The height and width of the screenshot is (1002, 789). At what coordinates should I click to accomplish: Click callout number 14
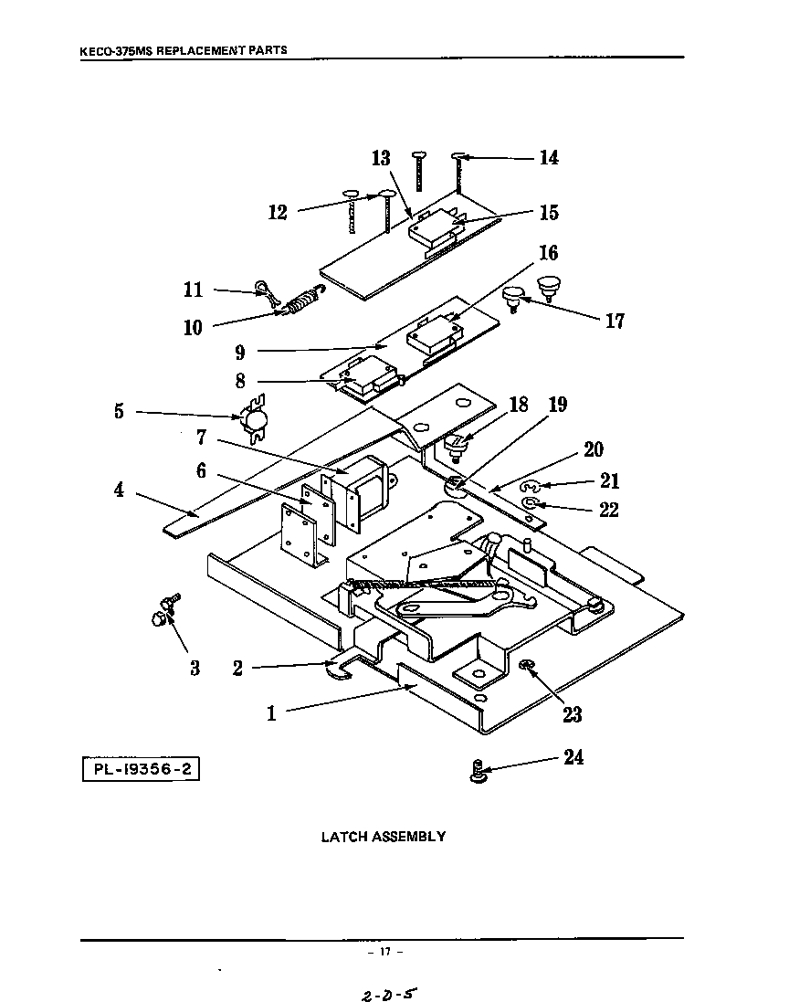click(x=548, y=158)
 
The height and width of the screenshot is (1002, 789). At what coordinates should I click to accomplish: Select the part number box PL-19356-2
click(x=141, y=768)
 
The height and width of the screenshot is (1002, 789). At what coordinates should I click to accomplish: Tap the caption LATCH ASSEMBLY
click(x=383, y=836)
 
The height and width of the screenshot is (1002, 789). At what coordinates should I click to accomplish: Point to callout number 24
click(x=573, y=757)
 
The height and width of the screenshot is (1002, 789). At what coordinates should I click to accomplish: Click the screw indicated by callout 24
click(x=477, y=773)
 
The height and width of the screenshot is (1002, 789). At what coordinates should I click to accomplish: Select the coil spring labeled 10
click(x=301, y=301)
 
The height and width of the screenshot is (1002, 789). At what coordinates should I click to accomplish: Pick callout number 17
click(x=615, y=321)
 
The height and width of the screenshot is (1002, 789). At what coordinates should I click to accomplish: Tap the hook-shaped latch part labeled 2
click(x=341, y=670)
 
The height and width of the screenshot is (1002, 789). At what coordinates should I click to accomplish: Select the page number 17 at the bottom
click(x=384, y=952)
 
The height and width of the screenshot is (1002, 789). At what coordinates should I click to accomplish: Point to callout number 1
click(x=271, y=713)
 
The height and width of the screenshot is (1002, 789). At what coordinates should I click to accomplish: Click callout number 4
click(x=119, y=490)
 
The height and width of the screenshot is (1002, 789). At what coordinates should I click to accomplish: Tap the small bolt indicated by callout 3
click(x=163, y=612)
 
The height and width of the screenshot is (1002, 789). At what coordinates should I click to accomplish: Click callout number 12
click(x=278, y=213)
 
